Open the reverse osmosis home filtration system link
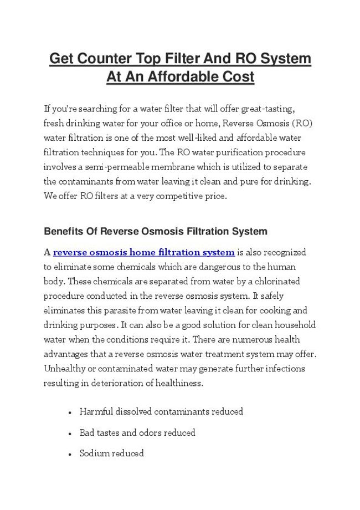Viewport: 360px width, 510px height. pyautogui.click(x=143, y=253)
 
